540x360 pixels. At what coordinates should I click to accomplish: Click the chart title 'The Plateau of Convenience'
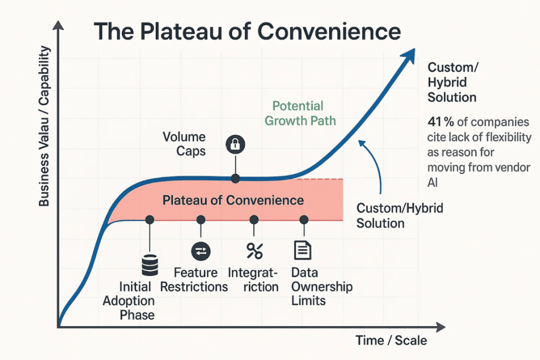[x=247, y=32]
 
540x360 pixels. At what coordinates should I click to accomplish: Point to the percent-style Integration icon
[x=254, y=251]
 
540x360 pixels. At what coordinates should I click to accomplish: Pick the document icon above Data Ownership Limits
[x=302, y=250]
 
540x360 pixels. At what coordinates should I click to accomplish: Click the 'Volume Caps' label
[x=184, y=144]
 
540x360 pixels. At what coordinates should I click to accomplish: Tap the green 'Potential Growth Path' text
[x=300, y=113]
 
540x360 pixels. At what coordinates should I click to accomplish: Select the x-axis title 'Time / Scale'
[x=391, y=340]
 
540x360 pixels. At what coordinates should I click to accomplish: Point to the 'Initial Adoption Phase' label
[x=129, y=301]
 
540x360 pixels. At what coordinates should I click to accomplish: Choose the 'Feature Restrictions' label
[x=194, y=280]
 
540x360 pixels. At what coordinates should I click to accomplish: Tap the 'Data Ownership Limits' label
[x=322, y=287]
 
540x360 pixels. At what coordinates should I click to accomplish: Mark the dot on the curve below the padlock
[x=235, y=179]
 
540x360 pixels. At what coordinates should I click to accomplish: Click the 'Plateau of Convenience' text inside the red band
[x=233, y=200]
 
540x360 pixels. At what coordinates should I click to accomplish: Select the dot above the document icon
[x=304, y=219]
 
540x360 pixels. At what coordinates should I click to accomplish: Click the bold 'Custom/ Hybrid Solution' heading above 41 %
[x=452, y=82]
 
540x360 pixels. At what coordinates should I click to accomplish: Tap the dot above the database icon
[x=150, y=219]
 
